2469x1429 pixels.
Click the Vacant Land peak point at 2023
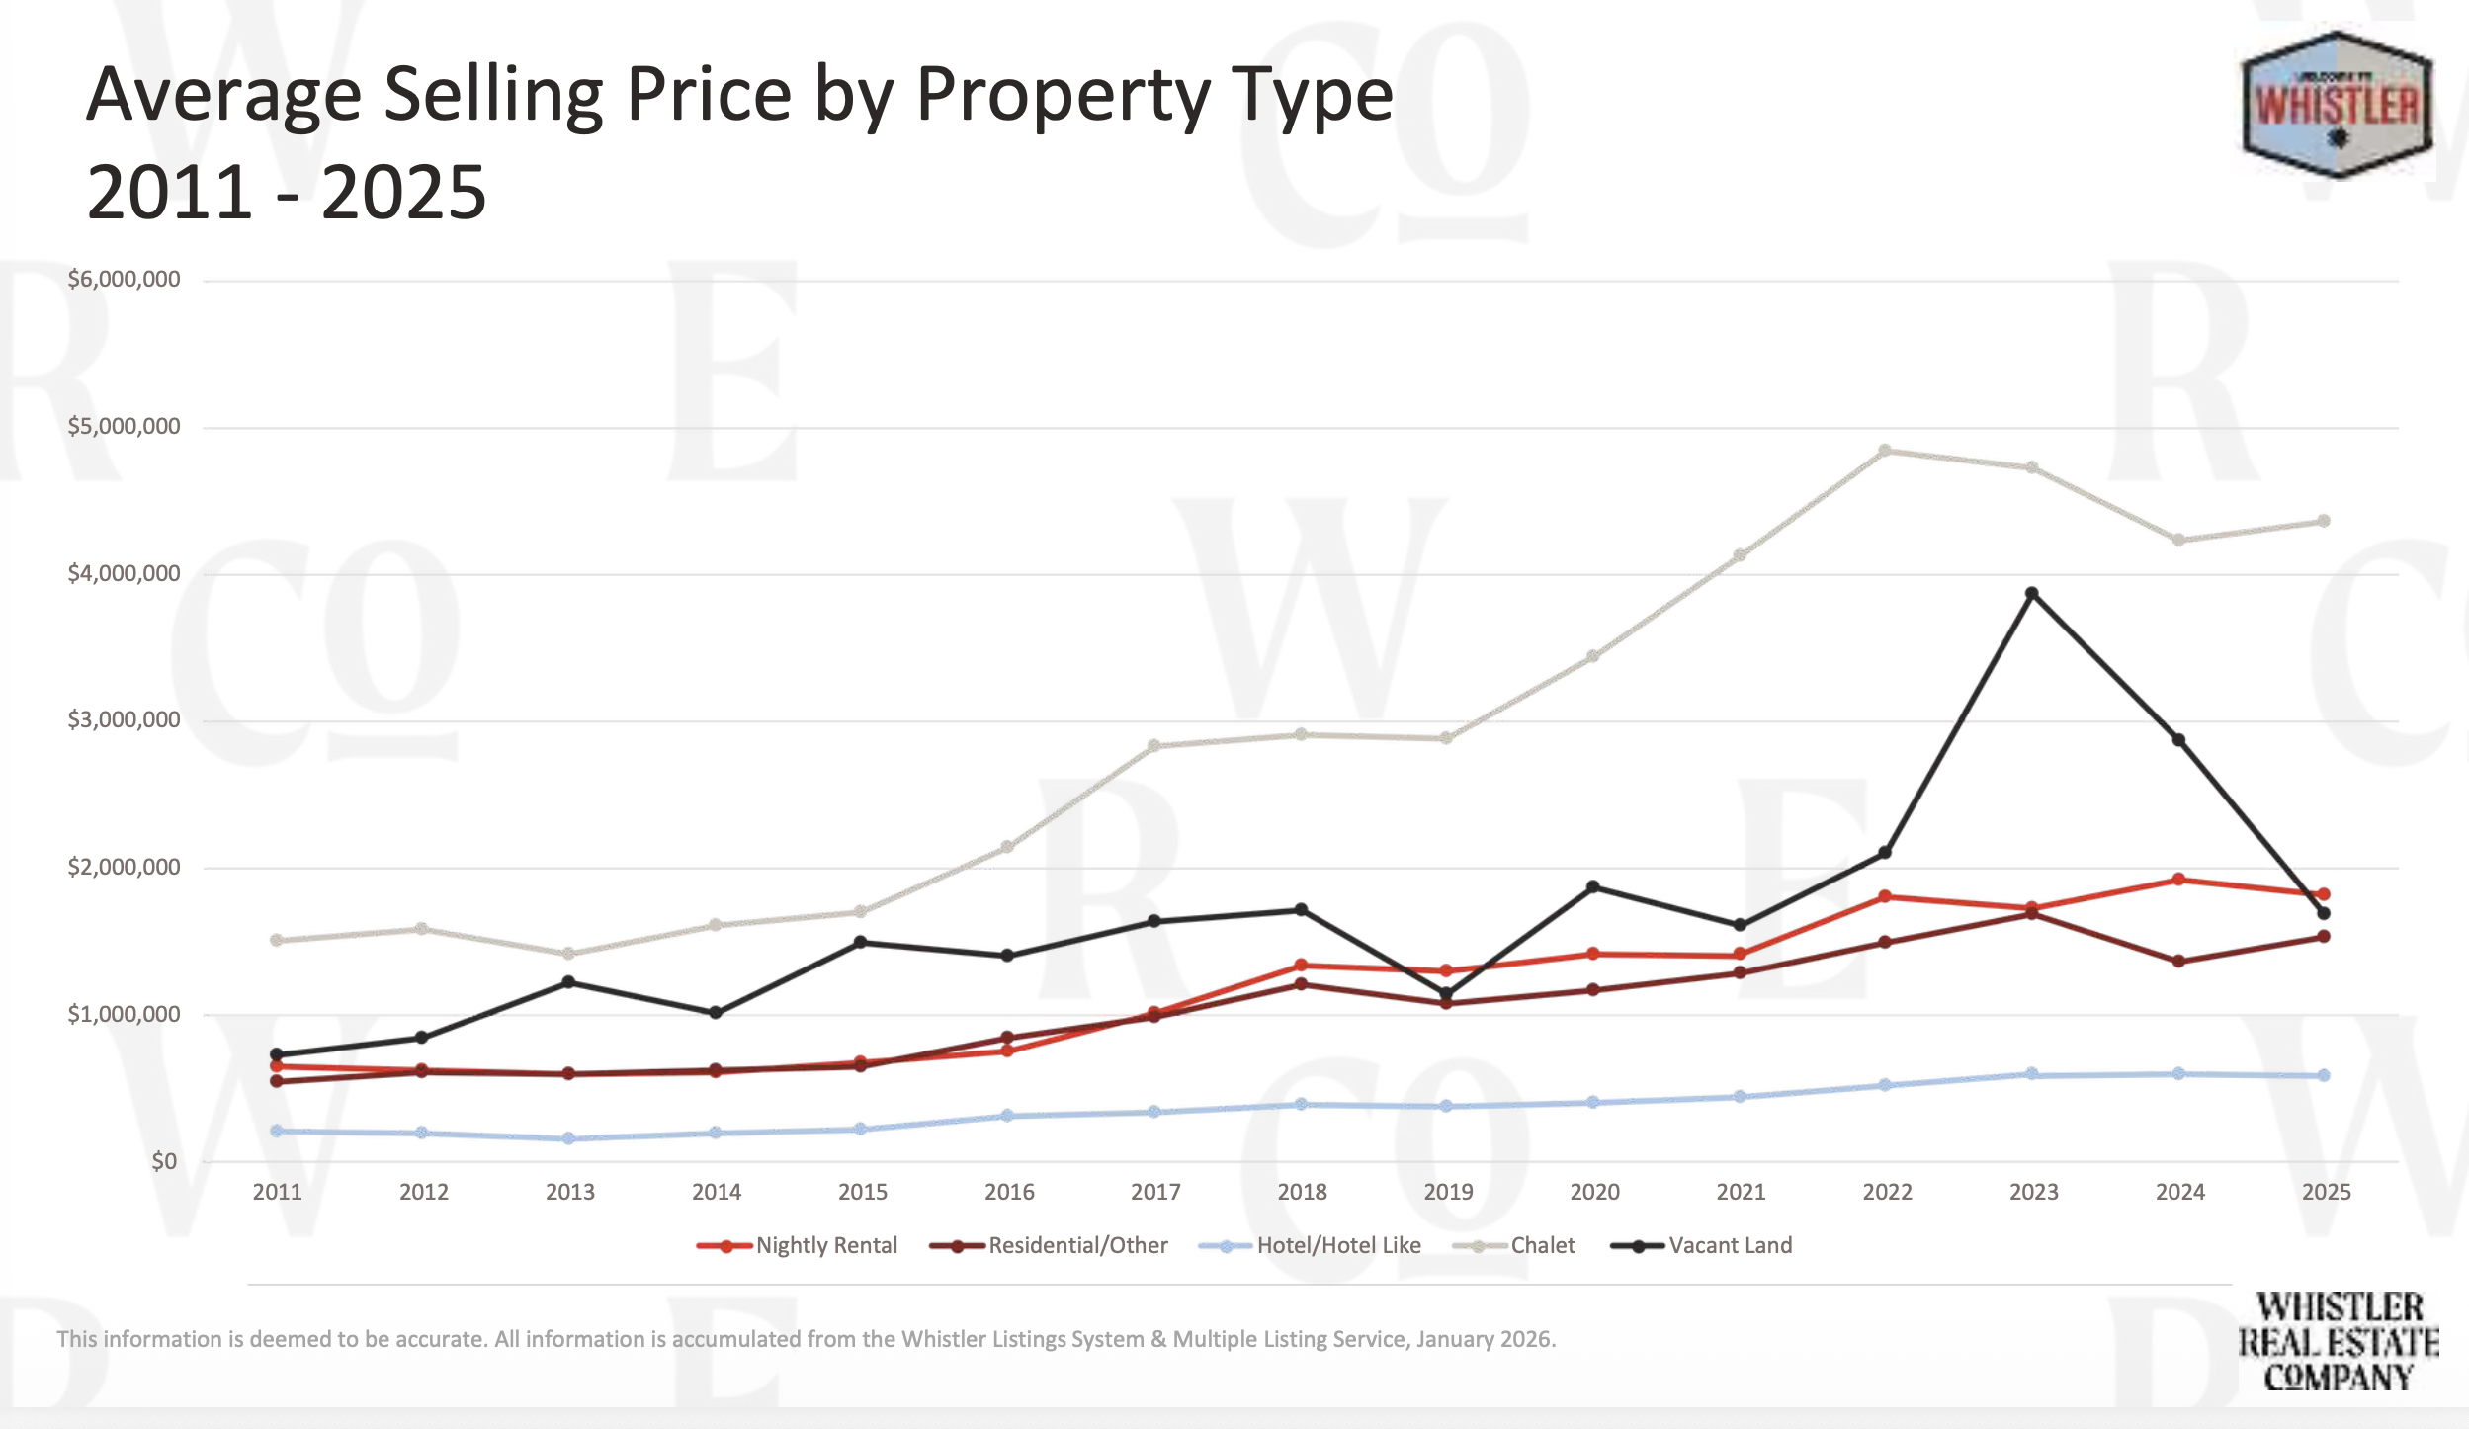tap(2031, 594)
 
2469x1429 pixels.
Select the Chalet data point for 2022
tap(1885, 451)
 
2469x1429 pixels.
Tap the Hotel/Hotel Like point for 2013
tap(568, 1138)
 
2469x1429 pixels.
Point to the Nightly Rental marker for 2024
tap(2178, 880)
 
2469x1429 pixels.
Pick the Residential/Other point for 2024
tap(2178, 961)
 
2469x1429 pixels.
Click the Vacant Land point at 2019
tap(1446, 994)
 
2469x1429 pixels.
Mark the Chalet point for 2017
tap(1153, 746)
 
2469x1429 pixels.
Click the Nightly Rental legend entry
tap(798, 1245)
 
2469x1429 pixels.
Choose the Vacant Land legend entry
tap(1702, 1245)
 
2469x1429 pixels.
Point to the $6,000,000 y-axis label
tap(124, 280)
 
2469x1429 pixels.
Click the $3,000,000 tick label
tap(124, 720)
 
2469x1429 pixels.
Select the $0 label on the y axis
tap(164, 1161)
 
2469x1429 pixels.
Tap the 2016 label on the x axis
tap(1009, 1192)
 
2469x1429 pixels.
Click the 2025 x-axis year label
tap(2326, 1192)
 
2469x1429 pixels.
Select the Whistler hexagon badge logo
tap(2338, 105)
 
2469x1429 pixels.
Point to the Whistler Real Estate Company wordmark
tap(2338, 1341)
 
